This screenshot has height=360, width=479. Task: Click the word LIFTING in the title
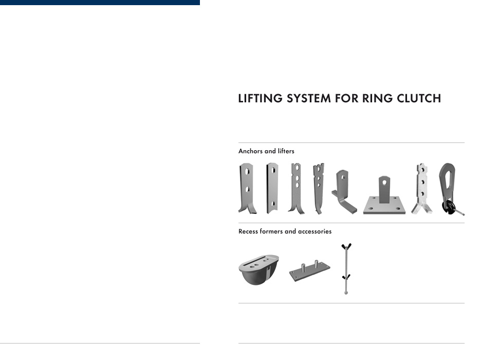260,98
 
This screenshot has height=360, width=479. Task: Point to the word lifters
286,151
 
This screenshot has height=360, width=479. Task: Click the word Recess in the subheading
248,231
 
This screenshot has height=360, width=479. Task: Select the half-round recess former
259,270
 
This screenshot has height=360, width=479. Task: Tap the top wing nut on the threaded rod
346,246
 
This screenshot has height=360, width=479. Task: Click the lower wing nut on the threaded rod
346,277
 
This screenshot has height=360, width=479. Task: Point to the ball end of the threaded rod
346,293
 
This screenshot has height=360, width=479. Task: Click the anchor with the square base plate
384,195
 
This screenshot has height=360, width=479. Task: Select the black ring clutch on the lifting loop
449,207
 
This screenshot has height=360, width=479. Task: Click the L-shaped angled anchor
344,192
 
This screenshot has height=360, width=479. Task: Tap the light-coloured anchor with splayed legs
422,189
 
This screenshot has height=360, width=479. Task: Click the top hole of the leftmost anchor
247,171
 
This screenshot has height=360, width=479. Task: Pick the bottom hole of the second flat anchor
273,204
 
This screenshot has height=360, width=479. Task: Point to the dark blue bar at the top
100,3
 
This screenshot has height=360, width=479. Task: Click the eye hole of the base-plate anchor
384,183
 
